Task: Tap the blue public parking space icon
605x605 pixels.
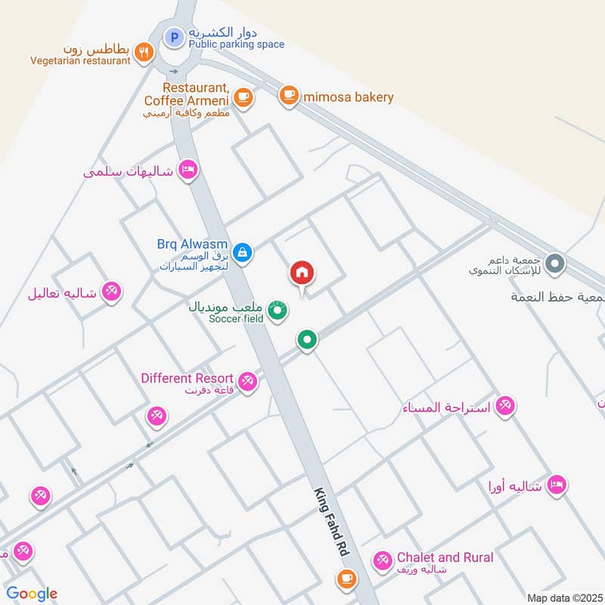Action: click(x=175, y=36)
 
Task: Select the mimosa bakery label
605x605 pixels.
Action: click(x=348, y=97)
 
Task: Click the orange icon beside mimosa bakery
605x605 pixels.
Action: click(x=287, y=95)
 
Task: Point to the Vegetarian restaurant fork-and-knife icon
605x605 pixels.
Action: click(x=144, y=51)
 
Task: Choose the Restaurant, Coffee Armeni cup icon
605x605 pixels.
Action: click(x=242, y=96)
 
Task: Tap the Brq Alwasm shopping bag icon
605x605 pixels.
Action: click(x=242, y=252)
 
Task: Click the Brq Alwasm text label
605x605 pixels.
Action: click(x=192, y=244)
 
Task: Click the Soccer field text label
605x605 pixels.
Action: click(x=236, y=318)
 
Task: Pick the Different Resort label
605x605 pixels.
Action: click(x=188, y=377)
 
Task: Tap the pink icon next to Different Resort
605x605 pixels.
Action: click(x=247, y=383)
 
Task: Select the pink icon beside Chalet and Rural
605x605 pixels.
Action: click(x=382, y=560)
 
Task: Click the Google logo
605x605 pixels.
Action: click(x=32, y=594)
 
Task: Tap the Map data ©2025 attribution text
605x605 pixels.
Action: click(x=563, y=597)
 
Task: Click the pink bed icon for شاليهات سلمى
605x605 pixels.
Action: click(x=188, y=169)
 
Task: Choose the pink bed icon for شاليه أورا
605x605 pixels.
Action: click(x=557, y=484)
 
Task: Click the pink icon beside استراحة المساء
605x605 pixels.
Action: click(x=506, y=406)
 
